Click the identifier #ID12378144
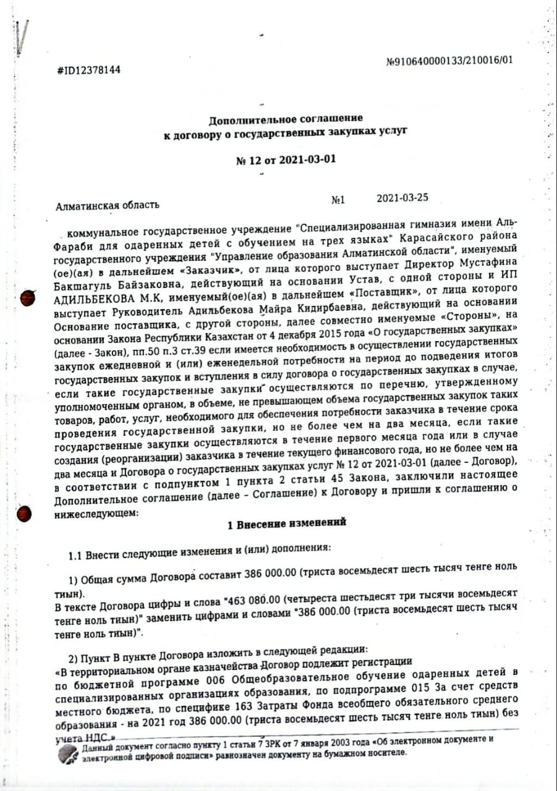pos(88,70)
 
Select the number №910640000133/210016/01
pos(449,61)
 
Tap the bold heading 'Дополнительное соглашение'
pos(286,118)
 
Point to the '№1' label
pos(338,200)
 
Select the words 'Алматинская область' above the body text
pos(107,205)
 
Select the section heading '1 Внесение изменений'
pos(286,523)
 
